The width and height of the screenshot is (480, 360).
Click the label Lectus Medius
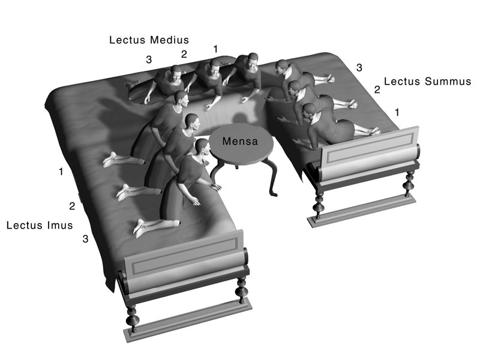tap(149, 40)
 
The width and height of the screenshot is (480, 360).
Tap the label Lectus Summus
tap(427, 82)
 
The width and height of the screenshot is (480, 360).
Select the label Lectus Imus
tap(40, 226)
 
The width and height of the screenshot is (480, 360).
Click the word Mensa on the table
tap(240, 141)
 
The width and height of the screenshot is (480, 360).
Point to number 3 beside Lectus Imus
tap(85, 239)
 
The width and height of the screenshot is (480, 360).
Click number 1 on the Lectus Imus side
tap(61, 172)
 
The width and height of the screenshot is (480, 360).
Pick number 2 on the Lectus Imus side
tap(72, 206)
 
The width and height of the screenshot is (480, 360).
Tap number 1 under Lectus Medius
tap(216, 49)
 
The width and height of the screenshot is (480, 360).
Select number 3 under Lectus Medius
tap(149, 59)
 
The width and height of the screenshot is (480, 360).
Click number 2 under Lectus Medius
tap(184, 54)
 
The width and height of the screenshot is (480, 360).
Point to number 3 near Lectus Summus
tap(359, 68)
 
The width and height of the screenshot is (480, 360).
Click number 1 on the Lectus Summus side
tap(397, 113)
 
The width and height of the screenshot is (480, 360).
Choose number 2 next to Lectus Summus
tap(377, 89)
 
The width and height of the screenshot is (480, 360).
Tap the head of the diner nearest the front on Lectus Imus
tap(202, 148)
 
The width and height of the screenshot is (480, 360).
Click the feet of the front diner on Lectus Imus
tap(140, 228)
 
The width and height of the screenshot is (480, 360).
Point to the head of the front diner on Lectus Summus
tap(309, 112)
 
